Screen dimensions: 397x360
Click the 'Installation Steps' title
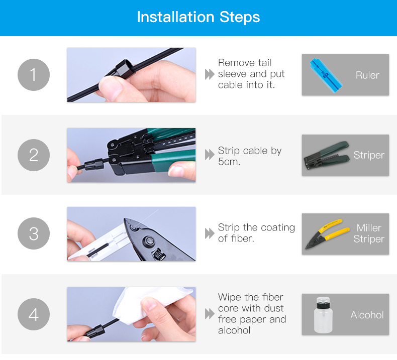click(198, 17)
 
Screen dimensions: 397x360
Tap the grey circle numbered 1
click(34, 75)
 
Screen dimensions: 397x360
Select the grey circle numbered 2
click(34, 155)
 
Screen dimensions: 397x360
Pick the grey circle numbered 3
click(34, 233)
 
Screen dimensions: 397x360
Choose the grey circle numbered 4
click(34, 314)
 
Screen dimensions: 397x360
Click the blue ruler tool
click(326, 75)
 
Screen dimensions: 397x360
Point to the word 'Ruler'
click(367, 75)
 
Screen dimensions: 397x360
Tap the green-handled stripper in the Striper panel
click(327, 156)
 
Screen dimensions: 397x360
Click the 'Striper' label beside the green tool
click(369, 155)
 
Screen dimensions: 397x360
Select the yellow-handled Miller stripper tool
click(327, 234)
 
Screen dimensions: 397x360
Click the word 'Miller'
click(369, 228)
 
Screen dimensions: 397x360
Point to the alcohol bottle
click(323, 315)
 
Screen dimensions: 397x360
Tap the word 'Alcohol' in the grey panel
click(367, 315)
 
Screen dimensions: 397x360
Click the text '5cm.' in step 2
click(229, 162)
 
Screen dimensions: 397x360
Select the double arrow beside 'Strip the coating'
click(210, 233)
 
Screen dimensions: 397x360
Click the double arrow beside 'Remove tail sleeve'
click(210, 74)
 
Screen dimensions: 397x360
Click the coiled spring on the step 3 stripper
click(158, 255)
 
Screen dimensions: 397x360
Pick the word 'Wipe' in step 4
click(229, 297)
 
